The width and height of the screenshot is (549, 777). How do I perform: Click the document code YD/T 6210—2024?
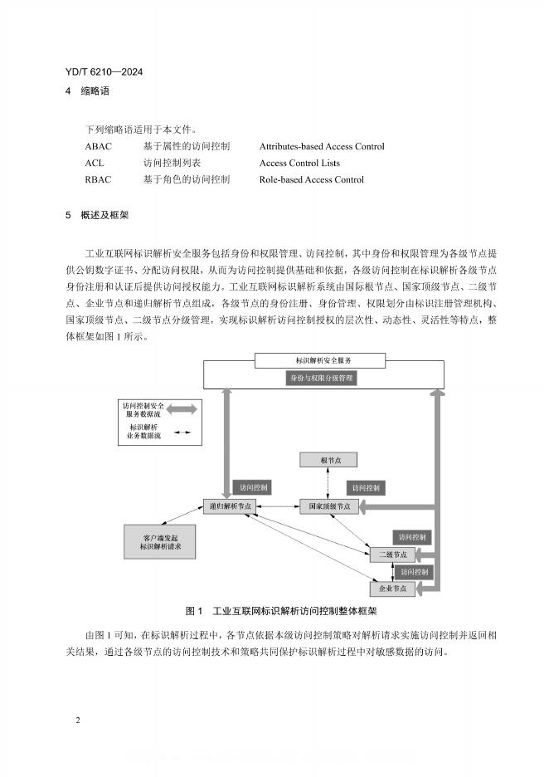[104, 73]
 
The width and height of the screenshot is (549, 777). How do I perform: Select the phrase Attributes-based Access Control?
[321, 147]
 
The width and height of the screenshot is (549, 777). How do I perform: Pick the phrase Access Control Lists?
[299, 164]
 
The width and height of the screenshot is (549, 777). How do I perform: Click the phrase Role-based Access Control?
[311, 179]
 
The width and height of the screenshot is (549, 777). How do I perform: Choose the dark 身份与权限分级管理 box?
[321, 378]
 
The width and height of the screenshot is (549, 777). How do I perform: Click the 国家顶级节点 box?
[329, 506]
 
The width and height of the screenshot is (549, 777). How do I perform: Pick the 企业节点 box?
[392, 588]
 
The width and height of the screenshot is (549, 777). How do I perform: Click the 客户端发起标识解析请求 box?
[161, 541]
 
